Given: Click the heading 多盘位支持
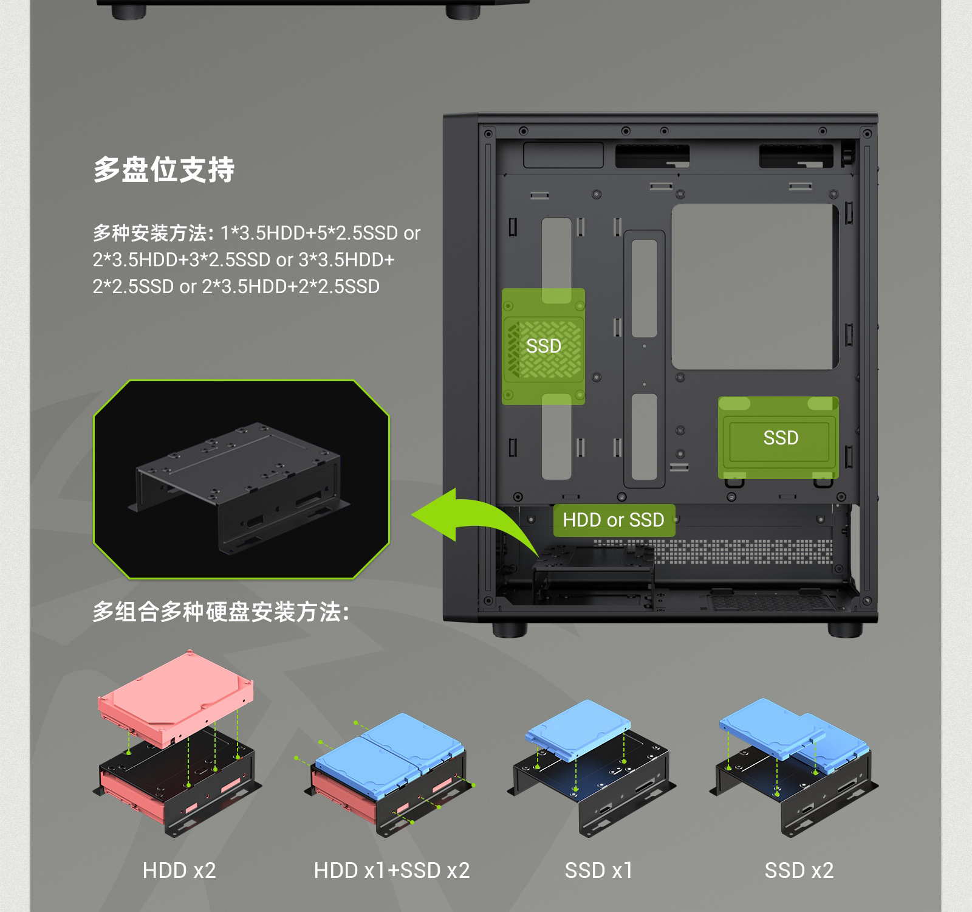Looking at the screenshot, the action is pyautogui.click(x=163, y=169).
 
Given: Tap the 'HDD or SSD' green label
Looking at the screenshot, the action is pyautogui.click(x=614, y=520).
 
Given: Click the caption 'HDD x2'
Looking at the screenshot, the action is pyautogui.click(x=179, y=870).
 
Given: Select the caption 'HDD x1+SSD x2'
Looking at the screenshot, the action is pyautogui.click(x=392, y=870).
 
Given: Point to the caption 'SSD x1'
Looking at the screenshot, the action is pyautogui.click(x=598, y=870).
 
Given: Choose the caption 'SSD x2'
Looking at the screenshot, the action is pyautogui.click(x=799, y=870).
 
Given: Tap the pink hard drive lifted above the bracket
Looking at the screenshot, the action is pyautogui.click(x=175, y=698).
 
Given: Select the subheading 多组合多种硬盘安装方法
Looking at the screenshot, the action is pyautogui.click(x=221, y=612).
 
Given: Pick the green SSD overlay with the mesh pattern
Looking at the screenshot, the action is pyautogui.click(x=543, y=346).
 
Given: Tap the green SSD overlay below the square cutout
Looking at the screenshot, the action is pyautogui.click(x=778, y=438).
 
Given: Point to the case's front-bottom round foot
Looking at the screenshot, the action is pyautogui.click(x=510, y=629).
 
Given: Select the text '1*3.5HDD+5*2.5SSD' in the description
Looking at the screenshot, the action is pyautogui.click(x=309, y=233).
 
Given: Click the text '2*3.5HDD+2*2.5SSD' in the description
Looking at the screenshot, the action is pyautogui.click(x=291, y=286).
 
